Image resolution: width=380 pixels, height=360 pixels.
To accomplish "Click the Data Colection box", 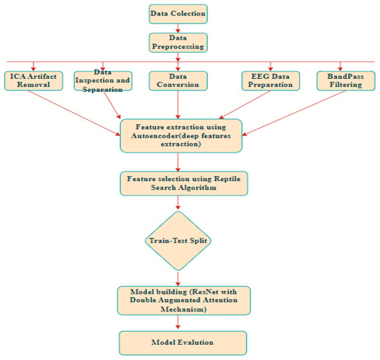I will click(x=179, y=13).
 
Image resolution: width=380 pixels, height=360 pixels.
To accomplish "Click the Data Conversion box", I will click(x=179, y=80).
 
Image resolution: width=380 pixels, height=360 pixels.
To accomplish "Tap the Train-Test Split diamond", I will click(x=179, y=240).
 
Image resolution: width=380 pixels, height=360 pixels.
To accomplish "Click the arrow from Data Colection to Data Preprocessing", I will click(x=179, y=28).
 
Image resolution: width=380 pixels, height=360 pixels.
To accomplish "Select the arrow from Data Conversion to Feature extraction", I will click(x=179, y=104).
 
